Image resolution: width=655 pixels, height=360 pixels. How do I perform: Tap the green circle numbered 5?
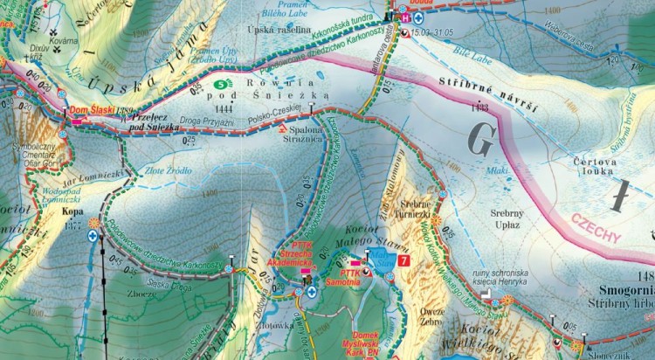click(x=220, y=84)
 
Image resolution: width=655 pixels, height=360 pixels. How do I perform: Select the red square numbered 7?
click(x=403, y=259)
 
